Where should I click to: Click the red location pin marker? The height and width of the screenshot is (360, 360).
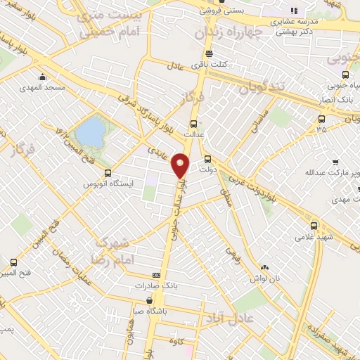[181, 165]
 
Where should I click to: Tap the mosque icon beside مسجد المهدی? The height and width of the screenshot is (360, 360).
[43, 77]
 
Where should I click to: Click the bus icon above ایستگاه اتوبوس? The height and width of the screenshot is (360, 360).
[107, 173]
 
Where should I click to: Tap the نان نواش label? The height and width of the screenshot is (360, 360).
[266, 278]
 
